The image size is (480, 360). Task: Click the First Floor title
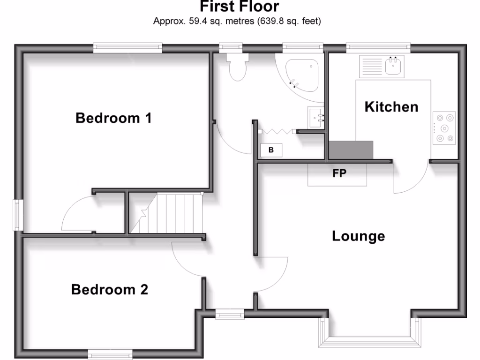(x=239, y=7)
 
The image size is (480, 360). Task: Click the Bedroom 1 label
(x=113, y=118)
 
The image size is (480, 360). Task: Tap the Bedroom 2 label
(x=110, y=290)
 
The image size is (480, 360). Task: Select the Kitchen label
(x=391, y=107)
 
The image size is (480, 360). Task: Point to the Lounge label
(x=358, y=236)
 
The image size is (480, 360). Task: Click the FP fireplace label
(x=339, y=173)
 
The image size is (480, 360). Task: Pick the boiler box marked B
(x=271, y=150)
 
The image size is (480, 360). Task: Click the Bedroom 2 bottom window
(x=111, y=355)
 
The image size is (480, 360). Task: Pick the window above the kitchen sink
(x=378, y=46)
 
